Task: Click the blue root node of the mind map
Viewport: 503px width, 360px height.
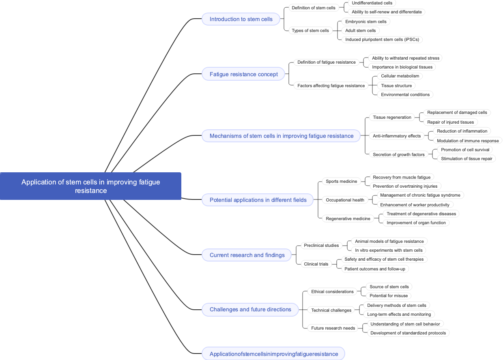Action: [x=90, y=186]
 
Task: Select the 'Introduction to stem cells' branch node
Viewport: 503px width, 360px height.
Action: [x=241, y=19]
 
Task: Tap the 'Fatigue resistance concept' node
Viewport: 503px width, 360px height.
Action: [x=243, y=74]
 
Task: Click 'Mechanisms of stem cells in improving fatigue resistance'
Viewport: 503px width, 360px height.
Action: [x=281, y=136]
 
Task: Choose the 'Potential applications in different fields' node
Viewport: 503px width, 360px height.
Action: [x=258, y=200]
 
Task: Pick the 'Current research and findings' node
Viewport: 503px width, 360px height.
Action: [x=247, y=255]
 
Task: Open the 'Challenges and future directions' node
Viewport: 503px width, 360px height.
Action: [x=250, y=309]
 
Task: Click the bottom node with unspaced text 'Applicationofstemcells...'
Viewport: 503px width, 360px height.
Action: [x=273, y=354]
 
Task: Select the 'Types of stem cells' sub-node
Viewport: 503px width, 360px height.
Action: [x=310, y=30]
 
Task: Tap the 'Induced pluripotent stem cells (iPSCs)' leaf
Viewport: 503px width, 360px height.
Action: [x=382, y=39]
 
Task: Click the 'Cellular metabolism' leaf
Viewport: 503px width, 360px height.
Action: [x=400, y=76]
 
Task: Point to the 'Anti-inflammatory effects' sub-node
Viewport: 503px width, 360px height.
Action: [x=396, y=136]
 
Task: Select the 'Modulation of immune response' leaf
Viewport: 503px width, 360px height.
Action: [x=467, y=141]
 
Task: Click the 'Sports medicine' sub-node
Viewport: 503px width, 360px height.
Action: [x=341, y=181]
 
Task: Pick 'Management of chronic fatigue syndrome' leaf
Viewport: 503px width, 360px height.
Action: [x=420, y=195]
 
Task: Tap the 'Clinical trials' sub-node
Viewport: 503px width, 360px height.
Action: [x=316, y=264]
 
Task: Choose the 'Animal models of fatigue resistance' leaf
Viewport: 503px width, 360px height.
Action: [x=389, y=241]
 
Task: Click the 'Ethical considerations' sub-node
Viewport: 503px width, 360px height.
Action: [x=332, y=291]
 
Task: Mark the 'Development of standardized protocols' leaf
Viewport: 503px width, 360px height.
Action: [x=408, y=333]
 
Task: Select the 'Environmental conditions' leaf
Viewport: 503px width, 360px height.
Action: [x=405, y=94]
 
